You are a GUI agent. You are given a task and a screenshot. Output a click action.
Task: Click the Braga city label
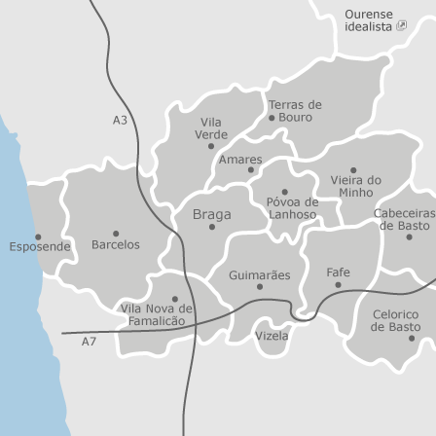click(x=211, y=214)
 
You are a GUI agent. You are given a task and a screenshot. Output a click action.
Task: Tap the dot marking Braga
click(x=211, y=227)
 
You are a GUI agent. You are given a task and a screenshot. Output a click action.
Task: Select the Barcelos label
click(x=116, y=245)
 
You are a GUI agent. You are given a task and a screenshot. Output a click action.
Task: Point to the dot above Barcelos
click(x=116, y=234)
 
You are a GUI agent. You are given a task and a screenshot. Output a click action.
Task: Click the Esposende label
click(x=40, y=247)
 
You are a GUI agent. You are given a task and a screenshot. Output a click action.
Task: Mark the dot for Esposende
click(x=38, y=236)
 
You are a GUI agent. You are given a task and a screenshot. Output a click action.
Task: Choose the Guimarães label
click(x=259, y=275)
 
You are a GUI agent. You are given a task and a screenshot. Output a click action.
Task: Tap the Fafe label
click(x=338, y=272)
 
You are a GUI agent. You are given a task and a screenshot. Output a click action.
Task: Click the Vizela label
click(x=272, y=336)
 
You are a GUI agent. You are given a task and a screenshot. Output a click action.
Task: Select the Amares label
click(x=240, y=159)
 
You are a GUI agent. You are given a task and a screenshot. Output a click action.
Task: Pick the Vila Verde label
click(x=211, y=128)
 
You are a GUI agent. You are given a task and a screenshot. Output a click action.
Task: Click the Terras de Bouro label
click(x=295, y=110)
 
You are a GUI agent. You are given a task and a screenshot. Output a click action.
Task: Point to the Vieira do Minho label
click(x=355, y=186)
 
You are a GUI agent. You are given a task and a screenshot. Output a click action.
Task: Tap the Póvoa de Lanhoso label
click(x=292, y=208)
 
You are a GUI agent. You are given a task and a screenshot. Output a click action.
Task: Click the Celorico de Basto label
click(x=395, y=321)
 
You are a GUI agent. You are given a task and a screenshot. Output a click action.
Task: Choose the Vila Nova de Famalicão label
click(x=157, y=314)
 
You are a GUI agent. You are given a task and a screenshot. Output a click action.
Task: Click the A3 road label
click(x=120, y=120)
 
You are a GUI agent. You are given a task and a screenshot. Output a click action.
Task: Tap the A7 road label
click(x=89, y=342)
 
